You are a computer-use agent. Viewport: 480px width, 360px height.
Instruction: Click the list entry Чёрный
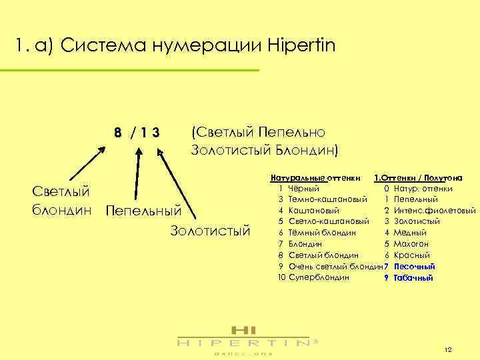click(x=304, y=189)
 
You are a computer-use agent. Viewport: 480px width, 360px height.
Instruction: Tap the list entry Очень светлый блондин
click(x=336, y=266)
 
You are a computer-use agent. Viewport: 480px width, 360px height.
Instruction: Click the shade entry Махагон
click(x=411, y=244)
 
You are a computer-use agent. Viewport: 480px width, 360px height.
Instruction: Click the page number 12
click(x=448, y=349)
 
